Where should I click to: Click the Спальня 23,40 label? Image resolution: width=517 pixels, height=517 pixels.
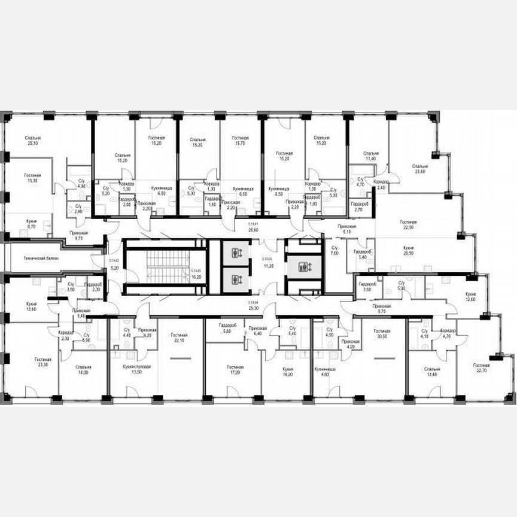(x=420, y=169)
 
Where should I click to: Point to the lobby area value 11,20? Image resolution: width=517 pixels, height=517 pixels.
(x=267, y=264)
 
